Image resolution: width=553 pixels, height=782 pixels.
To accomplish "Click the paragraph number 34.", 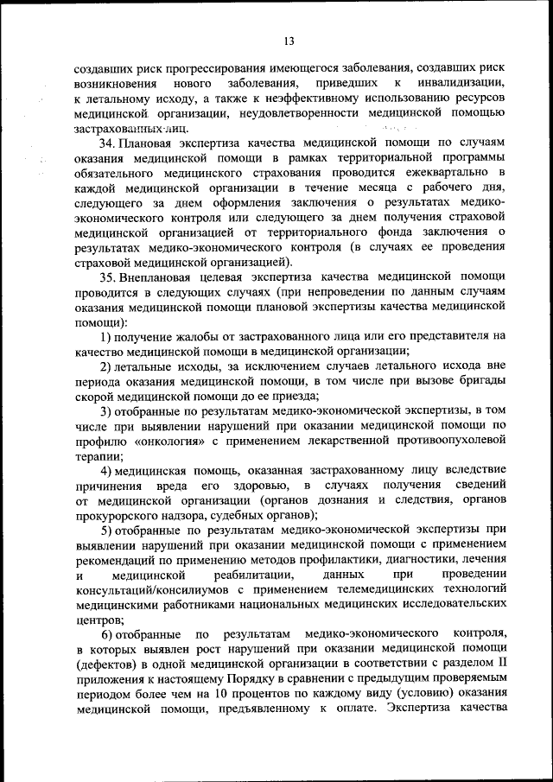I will [x=109, y=142].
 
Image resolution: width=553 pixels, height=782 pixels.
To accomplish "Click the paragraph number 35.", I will [x=109, y=277].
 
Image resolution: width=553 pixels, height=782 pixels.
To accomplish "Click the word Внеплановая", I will [x=160, y=277].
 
